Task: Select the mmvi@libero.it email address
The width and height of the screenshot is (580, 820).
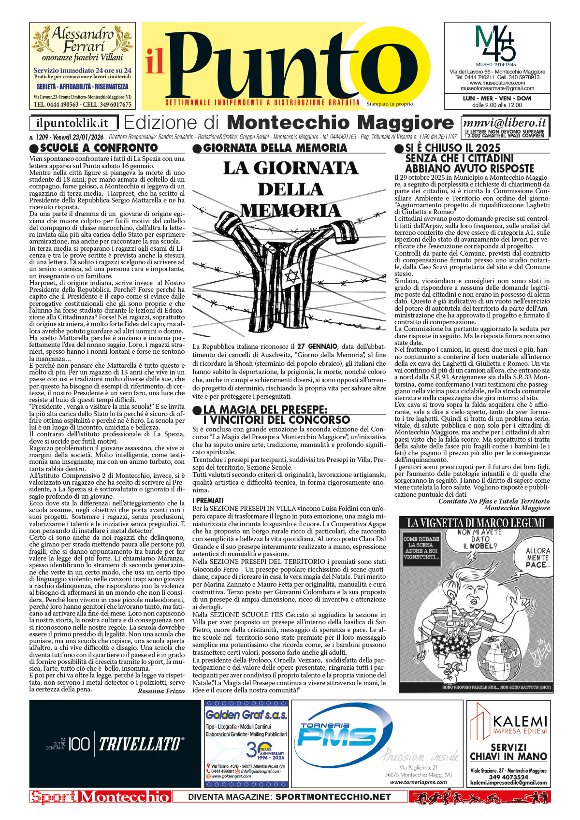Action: click(x=505, y=123)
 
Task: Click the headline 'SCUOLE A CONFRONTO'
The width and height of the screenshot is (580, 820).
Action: click(x=99, y=148)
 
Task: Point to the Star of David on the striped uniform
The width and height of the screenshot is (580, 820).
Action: click(x=292, y=277)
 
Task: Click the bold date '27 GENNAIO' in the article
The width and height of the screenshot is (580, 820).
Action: click(x=317, y=346)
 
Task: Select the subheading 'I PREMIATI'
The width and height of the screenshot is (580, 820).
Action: click(x=208, y=500)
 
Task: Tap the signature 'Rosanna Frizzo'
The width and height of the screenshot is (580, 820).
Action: click(x=161, y=691)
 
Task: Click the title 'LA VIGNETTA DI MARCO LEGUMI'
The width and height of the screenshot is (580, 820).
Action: click(x=476, y=523)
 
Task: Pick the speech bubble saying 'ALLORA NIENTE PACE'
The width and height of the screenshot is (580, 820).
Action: click(x=537, y=557)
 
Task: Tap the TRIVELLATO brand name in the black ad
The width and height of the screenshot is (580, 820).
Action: click(x=141, y=744)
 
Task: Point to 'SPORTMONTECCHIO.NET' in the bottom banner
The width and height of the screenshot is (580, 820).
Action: click(x=333, y=797)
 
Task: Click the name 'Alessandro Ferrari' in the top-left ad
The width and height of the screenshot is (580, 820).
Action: click(x=83, y=40)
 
